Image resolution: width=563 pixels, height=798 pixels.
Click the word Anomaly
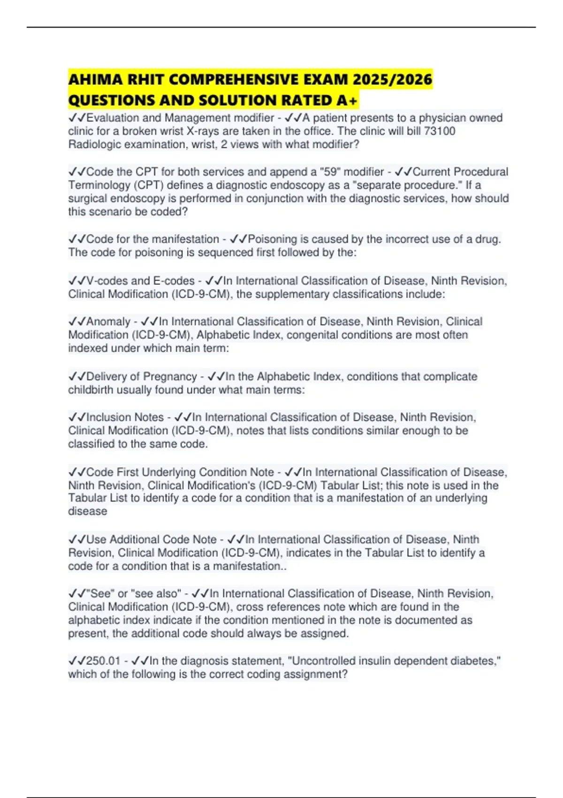(108, 322)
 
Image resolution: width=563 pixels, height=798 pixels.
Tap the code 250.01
(103, 661)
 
